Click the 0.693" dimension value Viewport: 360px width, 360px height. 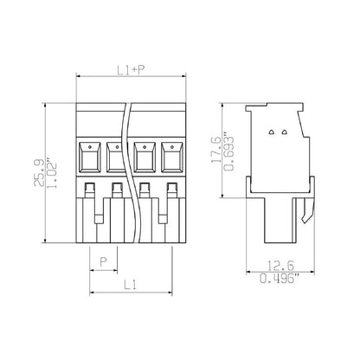pyautogui.click(x=229, y=150)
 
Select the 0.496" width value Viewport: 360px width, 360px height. pyautogui.click(x=280, y=279)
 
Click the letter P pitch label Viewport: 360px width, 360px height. pyautogui.click(x=104, y=261)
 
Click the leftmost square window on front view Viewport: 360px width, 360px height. pyautogui.click(x=90, y=157)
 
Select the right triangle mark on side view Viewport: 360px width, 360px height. pyautogui.click(x=284, y=132)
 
